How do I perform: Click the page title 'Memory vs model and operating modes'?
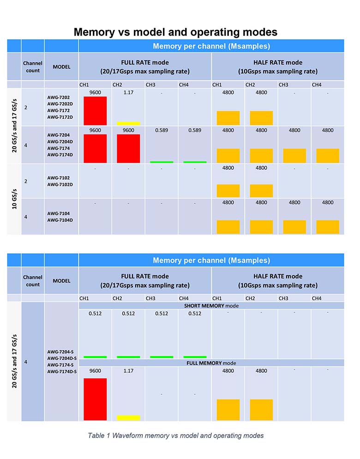[x=175, y=32]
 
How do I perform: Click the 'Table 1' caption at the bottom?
[x=175, y=435]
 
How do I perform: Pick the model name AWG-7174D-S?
[x=62, y=371]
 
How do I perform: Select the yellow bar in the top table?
[x=128, y=123]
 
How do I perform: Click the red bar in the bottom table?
[x=95, y=399]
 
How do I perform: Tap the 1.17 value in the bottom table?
[x=128, y=371]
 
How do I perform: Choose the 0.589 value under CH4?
[x=195, y=130]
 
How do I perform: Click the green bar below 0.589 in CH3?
[x=162, y=162]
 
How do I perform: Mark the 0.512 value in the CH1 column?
[x=95, y=314]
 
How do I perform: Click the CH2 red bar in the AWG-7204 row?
[x=128, y=148]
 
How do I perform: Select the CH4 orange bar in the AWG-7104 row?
[x=328, y=227]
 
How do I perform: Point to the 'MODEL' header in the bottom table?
[x=61, y=280]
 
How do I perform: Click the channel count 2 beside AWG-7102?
[x=26, y=181]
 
